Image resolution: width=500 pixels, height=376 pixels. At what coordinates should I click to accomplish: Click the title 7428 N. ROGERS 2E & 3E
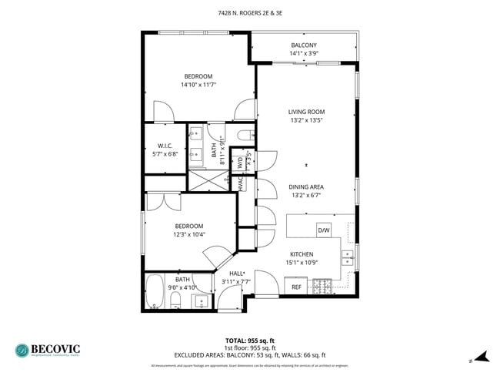(x=249, y=13)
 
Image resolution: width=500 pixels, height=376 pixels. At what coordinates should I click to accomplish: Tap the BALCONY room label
(x=304, y=45)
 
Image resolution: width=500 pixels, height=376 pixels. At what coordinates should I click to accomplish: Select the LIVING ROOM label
(x=306, y=112)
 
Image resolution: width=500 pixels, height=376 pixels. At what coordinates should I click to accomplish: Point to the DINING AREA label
(x=305, y=186)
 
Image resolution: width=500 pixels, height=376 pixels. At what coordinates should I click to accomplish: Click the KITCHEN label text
(x=302, y=253)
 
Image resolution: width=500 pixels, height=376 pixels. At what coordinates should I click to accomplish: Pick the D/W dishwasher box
(x=324, y=230)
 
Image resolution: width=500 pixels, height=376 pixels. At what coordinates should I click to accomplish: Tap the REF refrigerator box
(x=296, y=287)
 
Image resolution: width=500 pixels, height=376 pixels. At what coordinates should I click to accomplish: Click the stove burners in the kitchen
(x=322, y=287)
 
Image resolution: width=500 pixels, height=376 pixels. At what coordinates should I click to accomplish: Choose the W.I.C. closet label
(x=165, y=146)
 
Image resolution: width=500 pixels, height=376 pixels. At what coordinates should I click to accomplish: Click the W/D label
(x=241, y=163)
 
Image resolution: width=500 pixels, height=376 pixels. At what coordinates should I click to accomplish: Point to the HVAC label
(x=241, y=185)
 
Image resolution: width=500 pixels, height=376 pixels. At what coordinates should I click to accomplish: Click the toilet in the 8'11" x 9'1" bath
(x=244, y=136)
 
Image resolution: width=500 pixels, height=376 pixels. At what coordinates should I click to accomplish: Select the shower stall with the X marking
(x=208, y=180)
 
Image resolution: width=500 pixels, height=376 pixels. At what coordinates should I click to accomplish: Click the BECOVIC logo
(x=46, y=350)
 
